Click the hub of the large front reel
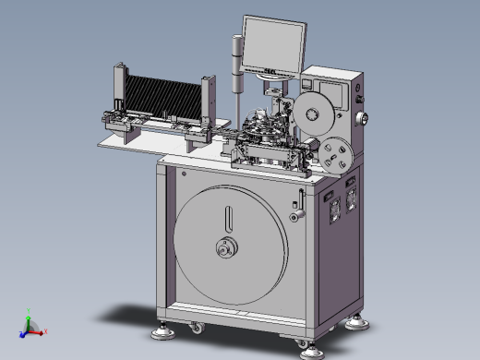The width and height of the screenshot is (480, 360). [224, 247]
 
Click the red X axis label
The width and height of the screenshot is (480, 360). [45, 330]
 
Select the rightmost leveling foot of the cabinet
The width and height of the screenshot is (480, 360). [357, 320]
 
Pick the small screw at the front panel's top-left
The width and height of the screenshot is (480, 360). [185, 174]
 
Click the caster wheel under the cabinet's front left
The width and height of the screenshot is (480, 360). [196, 328]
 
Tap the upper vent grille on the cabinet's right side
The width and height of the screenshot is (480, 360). [351, 183]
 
